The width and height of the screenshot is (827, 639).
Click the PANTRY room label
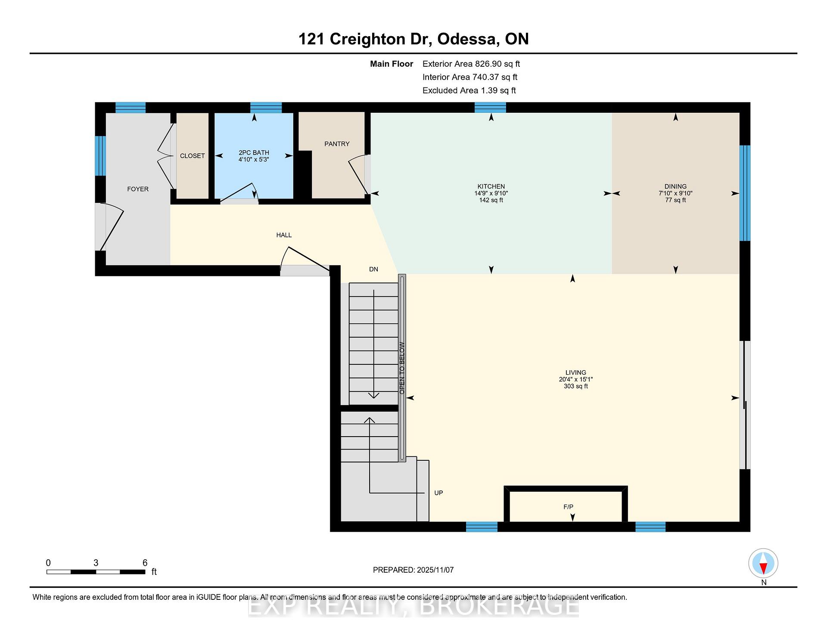[x=337, y=144]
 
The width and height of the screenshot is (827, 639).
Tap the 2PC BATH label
[x=254, y=152]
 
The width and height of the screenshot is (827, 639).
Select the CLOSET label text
[x=192, y=156]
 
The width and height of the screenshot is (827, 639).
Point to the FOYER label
[x=138, y=189]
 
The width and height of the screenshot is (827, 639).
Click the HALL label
[x=284, y=235]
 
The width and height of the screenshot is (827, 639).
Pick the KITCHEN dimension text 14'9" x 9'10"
[x=491, y=193]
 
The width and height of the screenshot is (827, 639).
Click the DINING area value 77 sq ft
[x=675, y=200]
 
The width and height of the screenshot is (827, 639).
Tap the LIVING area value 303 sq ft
[x=576, y=386]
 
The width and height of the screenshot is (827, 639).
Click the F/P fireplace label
[x=569, y=507]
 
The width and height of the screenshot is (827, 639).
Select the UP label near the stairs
[x=438, y=493]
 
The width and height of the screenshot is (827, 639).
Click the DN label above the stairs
[x=373, y=269]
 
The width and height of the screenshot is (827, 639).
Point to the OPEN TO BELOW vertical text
[x=402, y=368]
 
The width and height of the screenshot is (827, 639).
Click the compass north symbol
[x=763, y=563]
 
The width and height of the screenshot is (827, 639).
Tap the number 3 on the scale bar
[x=96, y=563]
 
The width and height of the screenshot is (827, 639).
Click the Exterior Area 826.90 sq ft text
[x=471, y=64]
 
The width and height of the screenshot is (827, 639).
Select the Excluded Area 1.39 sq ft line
[x=469, y=90]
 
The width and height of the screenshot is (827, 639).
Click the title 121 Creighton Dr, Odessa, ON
[x=413, y=39]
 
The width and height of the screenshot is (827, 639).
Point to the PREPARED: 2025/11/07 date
[x=413, y=570]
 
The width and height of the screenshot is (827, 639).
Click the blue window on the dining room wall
[x=745, y=193]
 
